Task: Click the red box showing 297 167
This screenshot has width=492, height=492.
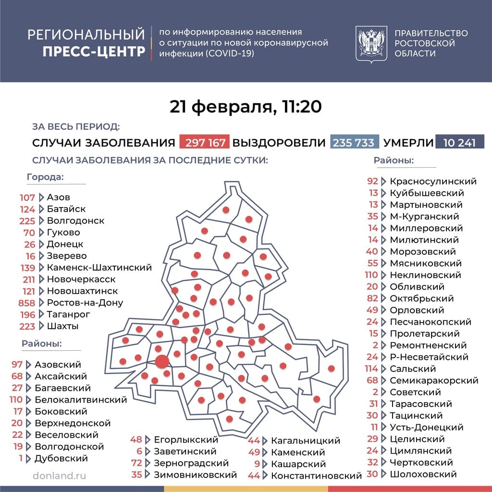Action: tap(204, 143)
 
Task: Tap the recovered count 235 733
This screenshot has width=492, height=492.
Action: tap(355, 143)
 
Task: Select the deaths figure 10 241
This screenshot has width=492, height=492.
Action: tap(459, 143)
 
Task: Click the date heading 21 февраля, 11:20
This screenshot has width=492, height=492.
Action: tap(246, 107)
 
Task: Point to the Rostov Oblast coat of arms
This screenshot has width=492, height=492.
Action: tap(371, 44)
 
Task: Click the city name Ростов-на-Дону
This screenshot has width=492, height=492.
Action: tap(85, 303)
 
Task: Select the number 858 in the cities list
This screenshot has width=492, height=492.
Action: tap(27, 303)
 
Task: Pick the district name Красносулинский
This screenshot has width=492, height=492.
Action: tap(433, 181)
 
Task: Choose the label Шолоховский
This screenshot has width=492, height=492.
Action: tap(423, 474)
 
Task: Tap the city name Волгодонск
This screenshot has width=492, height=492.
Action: tap(75, 221)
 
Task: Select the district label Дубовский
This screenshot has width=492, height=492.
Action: tap(61, 458)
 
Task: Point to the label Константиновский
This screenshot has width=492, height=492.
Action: tap(316, 476)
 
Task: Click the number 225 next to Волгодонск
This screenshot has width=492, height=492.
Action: tap(27, 221)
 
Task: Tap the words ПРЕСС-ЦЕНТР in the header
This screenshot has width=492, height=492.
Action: tap(94, 51)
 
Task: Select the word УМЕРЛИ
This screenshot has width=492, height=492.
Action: tap(408, 143)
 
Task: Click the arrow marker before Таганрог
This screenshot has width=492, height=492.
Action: tap(41, 314)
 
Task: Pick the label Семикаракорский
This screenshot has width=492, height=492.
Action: tap(434, 381)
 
